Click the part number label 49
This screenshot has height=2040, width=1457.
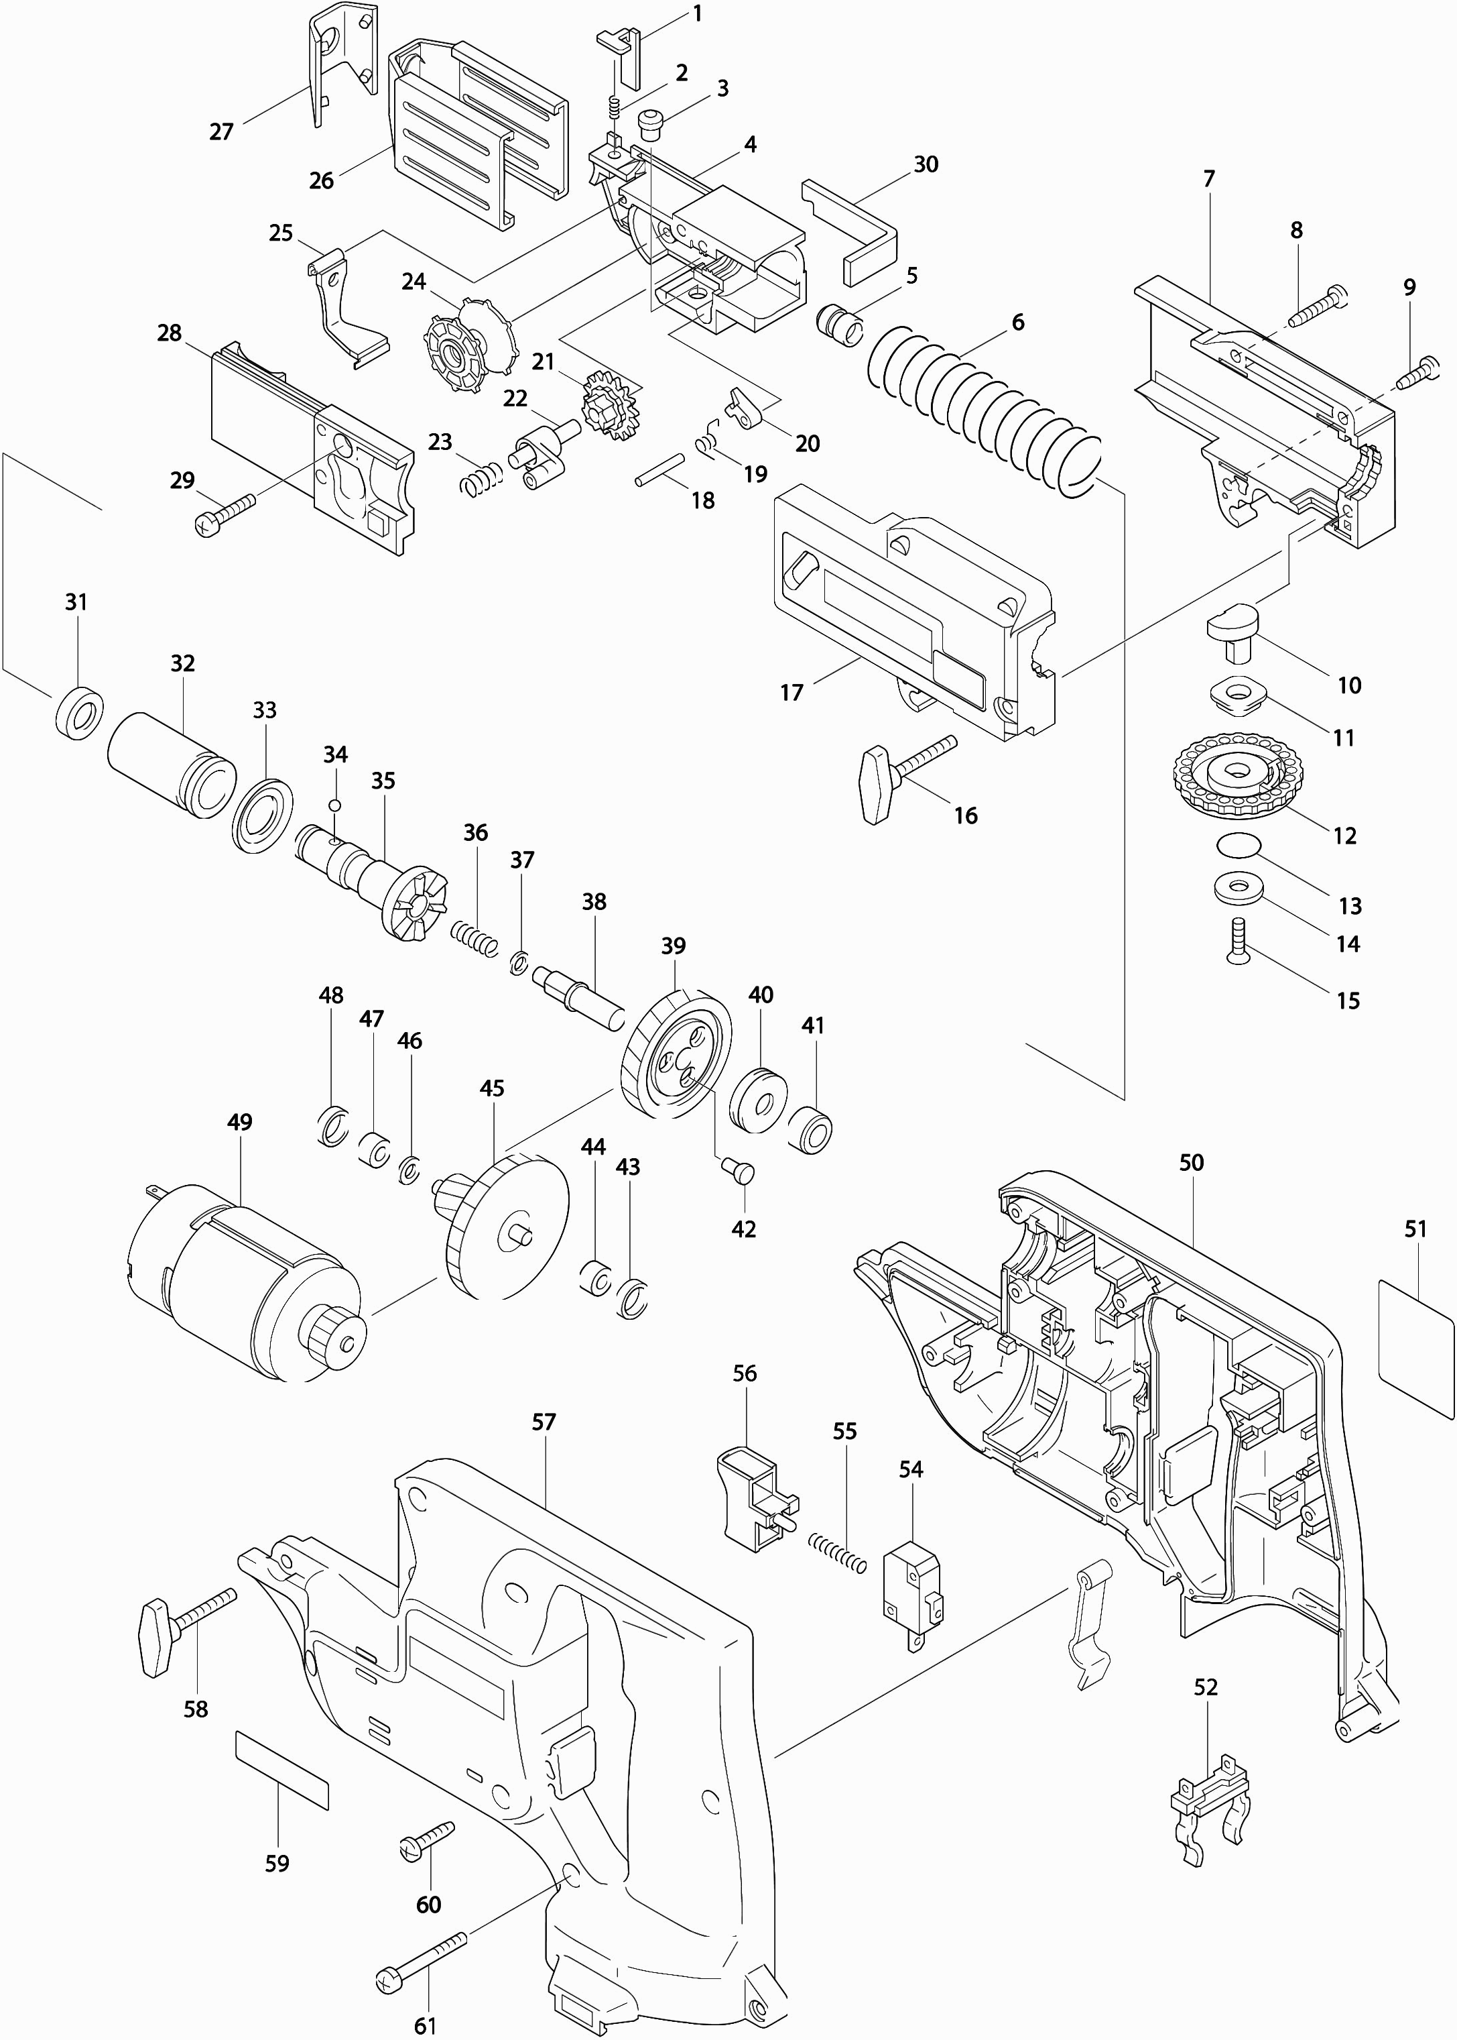(239, 1122)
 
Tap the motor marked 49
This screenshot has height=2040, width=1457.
(242, 1279)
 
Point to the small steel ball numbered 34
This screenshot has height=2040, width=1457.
(334, 804)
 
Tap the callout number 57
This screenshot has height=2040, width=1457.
(544, 1421)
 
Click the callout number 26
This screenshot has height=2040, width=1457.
(321, 180)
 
